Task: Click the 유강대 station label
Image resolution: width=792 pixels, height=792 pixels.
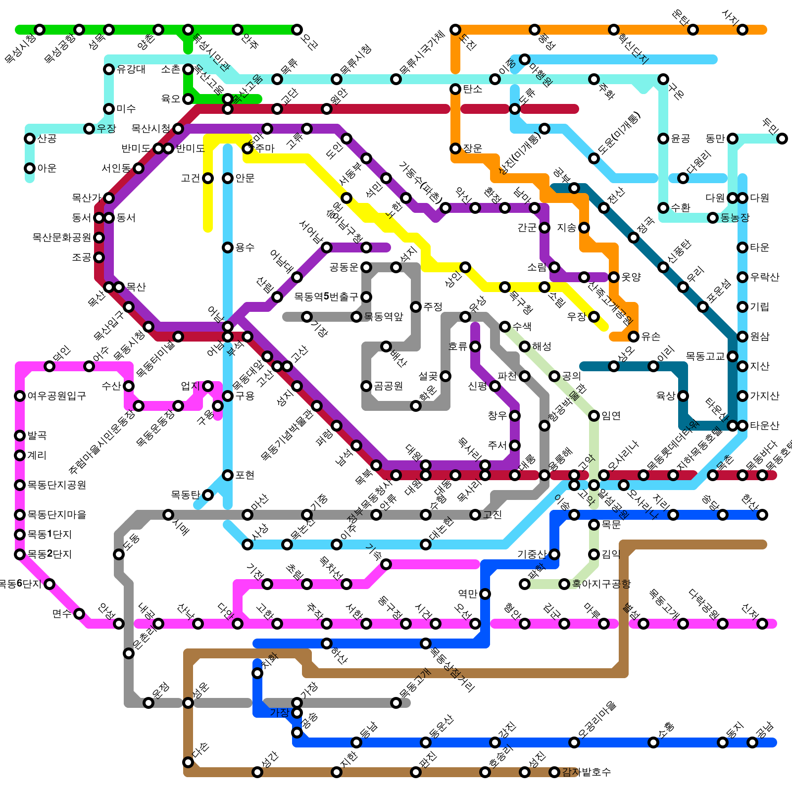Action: click(131, 69)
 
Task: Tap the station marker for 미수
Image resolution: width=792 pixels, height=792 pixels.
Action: click(109, 109)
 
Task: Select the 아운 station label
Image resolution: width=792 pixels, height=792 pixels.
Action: click(47, 168)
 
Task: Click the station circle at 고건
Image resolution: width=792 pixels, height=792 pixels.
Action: click(208, 178)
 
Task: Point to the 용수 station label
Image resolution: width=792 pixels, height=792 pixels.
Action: click(245, 247)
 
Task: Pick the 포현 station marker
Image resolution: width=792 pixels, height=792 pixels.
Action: click(228, 475)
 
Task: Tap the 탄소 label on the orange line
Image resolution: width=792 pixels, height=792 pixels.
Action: click(473, 89)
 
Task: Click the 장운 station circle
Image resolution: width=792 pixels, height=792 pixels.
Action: click(455, 148)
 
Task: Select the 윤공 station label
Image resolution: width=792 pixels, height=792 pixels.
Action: click(681, 139)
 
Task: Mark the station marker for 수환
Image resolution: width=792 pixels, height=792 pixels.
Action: click(663, 208)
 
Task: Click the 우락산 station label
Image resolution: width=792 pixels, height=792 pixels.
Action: click(765, 277)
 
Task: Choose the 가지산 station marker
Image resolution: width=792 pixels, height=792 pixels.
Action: click(742, 396)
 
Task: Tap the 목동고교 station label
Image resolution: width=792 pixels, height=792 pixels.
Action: click(705, 356)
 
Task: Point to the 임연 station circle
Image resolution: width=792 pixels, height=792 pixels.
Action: click(594, 416)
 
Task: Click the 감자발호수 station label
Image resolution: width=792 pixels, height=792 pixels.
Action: click(587, 772)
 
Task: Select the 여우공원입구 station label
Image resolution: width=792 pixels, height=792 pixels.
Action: click(57, 396)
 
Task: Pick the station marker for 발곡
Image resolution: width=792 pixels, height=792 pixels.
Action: click(20, 436)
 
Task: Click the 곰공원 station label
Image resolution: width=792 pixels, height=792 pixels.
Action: click(389, 386)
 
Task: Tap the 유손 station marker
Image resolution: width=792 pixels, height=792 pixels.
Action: click(634, 337)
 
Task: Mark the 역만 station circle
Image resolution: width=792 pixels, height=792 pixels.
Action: click(485, 594)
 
